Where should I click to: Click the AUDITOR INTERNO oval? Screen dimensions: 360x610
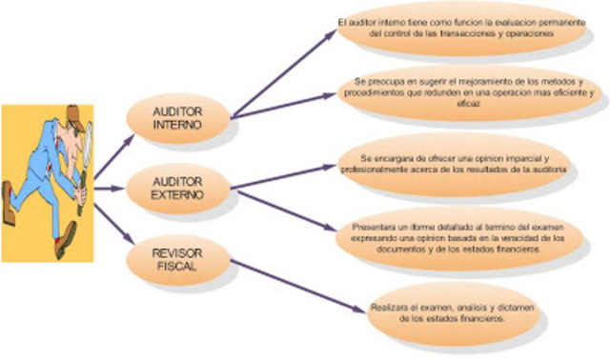pyautogui.click(x=178, y=119)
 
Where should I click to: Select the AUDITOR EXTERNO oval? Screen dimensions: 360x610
pyautogui.click(x=178, y=188)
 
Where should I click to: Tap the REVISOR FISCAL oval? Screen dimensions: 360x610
pyautogui.click(x=178, y=260)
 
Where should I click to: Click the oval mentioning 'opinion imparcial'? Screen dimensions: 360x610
pyautogui.click(x=454, y=163)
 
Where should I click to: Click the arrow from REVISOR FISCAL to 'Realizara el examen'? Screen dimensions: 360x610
pyautogui.click(x=286, y=285)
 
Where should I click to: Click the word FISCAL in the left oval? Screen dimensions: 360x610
pyautogui.click(x=178, y=268)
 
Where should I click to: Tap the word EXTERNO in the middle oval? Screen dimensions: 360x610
pyautogui.click(x=178, y=195)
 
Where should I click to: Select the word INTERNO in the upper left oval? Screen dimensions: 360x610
pyautogui.click(x=178, y=127)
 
